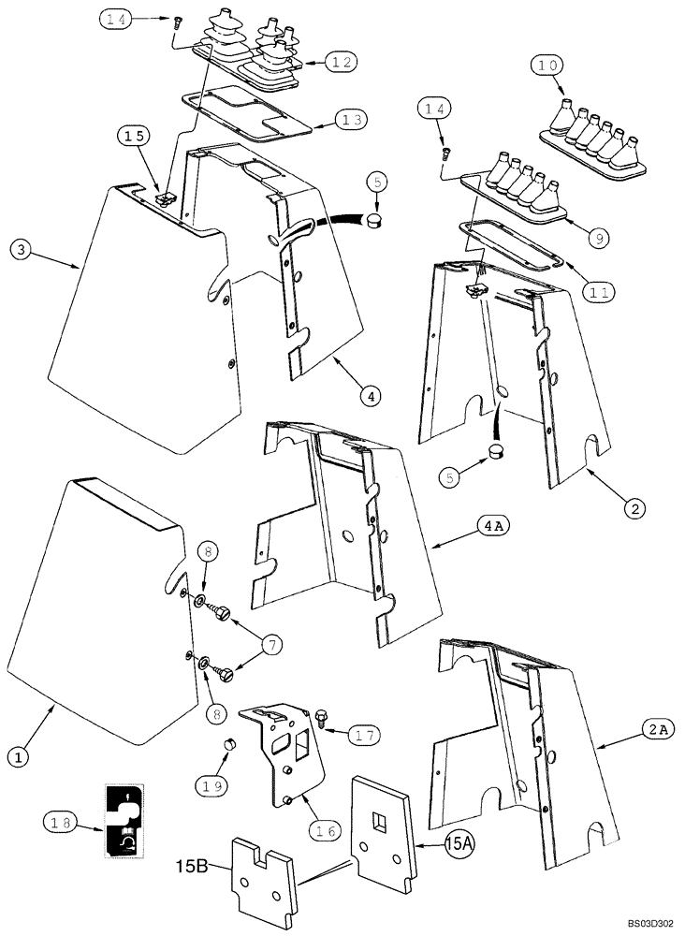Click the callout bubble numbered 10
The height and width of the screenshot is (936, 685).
[x=548, y=66]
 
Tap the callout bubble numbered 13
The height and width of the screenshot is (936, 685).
[x=352, y=120]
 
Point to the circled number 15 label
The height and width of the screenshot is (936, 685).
[x=134, y=137]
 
